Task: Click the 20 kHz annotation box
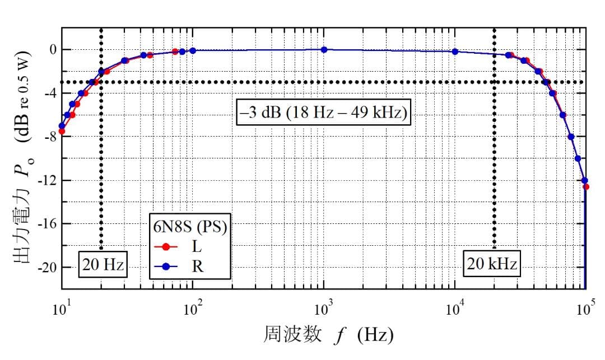click(x=492, y=264)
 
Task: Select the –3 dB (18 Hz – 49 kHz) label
click(x=324, y=113)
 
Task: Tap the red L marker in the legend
click(x=166, y=247)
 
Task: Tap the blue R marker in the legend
click(x=166, y=267)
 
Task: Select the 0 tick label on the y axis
click(x=53, y=50)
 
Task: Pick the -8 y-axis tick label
click(x=50, y=137)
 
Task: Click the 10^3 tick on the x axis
click(x=324, y=308)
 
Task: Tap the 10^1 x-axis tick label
click(x=62, y=308)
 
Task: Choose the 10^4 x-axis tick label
click(x=455, y=308)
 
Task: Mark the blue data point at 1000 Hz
click(x=324, y=50)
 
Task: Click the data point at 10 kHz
click(x=455, y=52)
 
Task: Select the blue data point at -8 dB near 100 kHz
click(x=571, y=137)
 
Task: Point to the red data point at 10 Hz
click(x=62, y=132)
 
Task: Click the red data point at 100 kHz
click(x=586, y=186)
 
